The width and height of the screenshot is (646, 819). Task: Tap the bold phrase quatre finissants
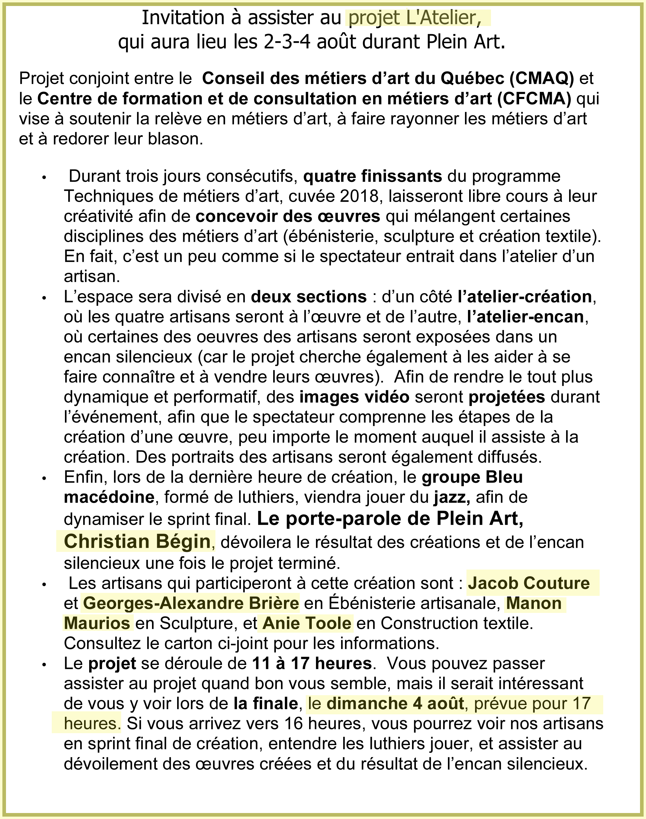coord(372,176)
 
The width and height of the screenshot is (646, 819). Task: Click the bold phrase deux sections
coord(308,297)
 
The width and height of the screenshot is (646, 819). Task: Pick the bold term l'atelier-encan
coord(525,317)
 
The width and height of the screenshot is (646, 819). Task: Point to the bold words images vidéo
coord(354,397)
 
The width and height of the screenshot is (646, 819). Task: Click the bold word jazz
coord(452,497)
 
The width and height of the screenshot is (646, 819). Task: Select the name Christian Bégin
coord(137,541)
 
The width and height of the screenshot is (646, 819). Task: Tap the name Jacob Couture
coord(528,583)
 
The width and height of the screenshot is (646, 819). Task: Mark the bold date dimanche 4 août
coord(395,703)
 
